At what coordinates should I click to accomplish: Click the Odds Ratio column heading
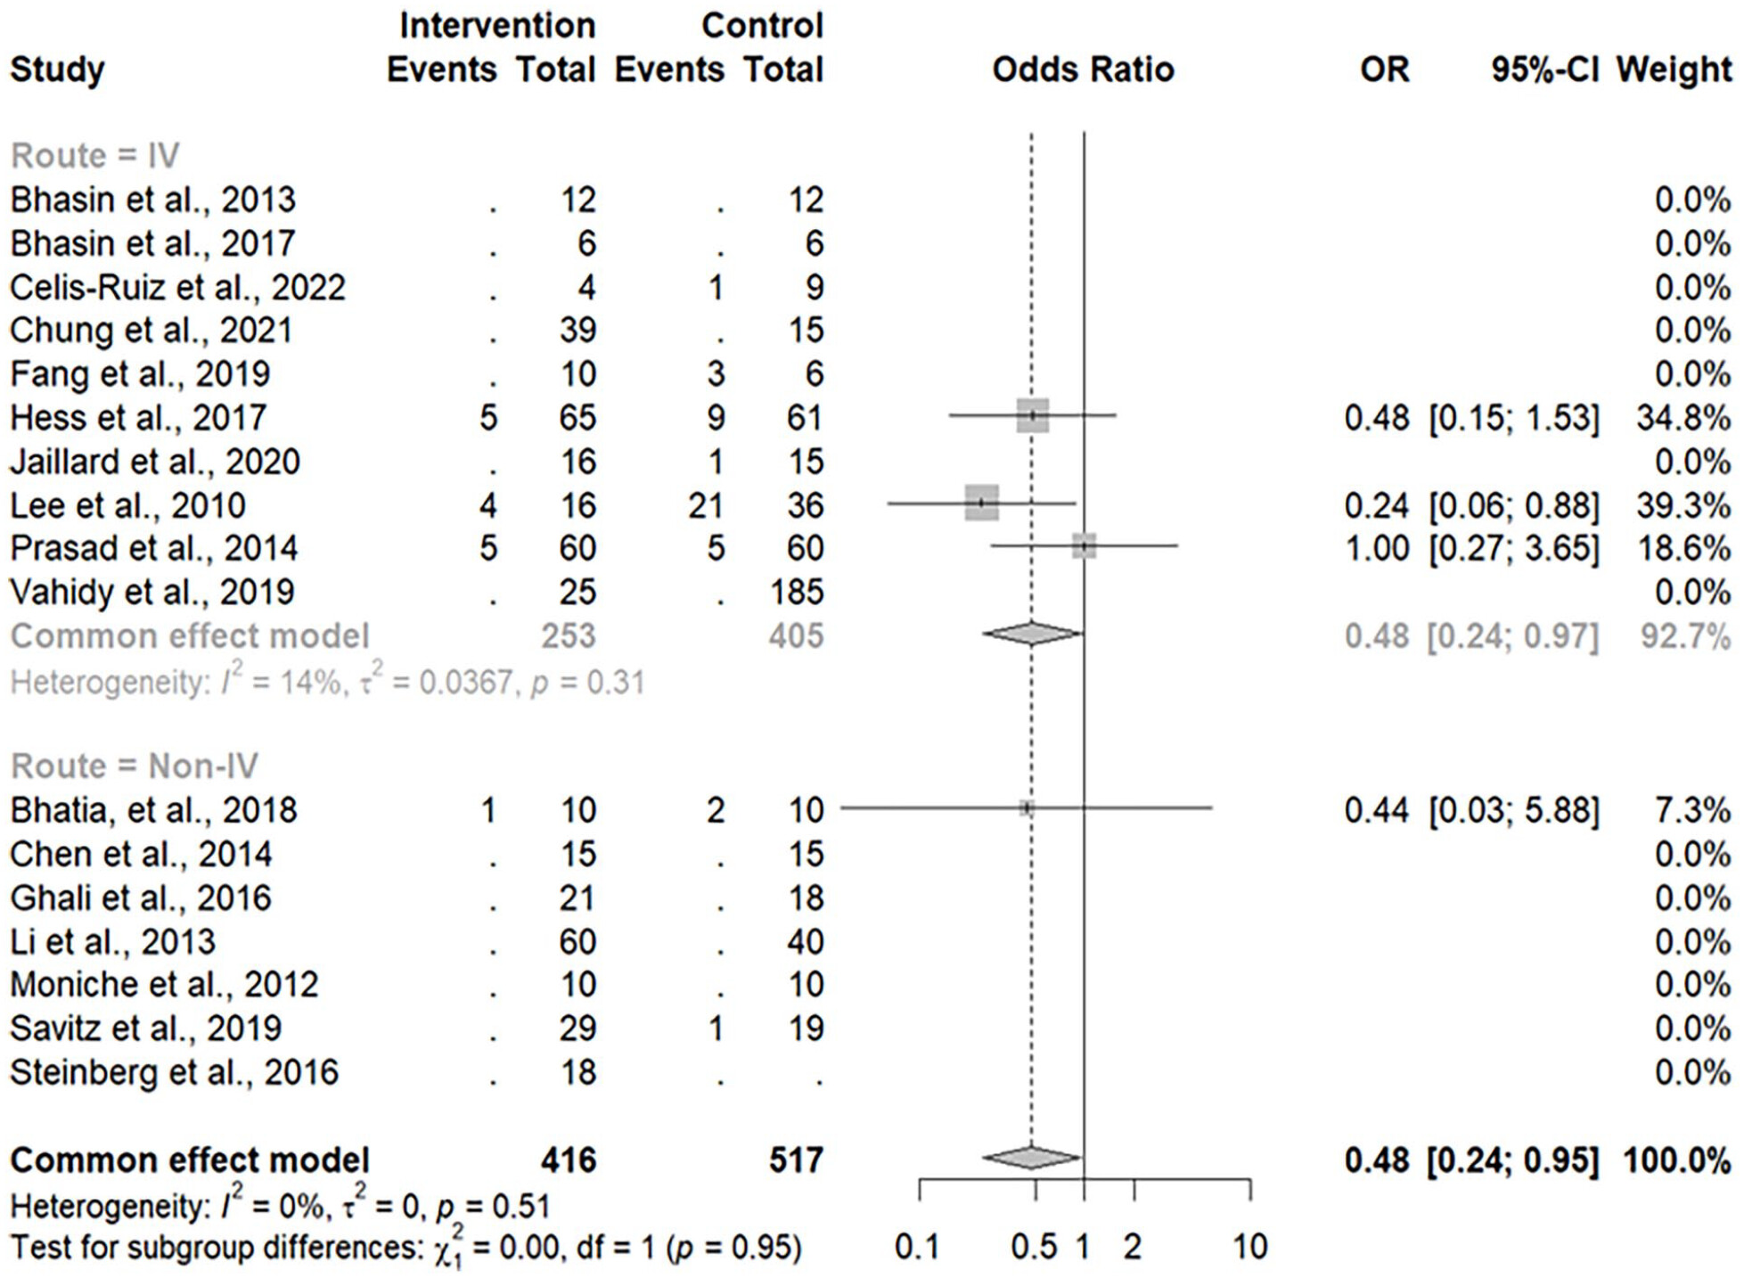pos(1082,70)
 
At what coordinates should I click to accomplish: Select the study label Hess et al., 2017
pos(138,417)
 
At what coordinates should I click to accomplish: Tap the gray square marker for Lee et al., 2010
pos(981,503)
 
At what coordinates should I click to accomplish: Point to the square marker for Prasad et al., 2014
pos(1084,546)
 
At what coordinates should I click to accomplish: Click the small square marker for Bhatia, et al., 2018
pos(1027,808)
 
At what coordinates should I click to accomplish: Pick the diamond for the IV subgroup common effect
pos(1032,634)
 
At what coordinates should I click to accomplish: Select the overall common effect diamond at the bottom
pos(1032,1158)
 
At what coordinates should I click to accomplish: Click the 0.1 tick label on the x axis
pos(917,1246)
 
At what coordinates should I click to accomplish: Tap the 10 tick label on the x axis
pos(1249,1246)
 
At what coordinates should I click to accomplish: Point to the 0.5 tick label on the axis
pos(1034,1246)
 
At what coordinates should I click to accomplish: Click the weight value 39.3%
pos(1683,505)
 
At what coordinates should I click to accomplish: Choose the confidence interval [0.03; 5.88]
pos(1513,810)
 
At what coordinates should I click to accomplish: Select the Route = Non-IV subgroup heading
pos(134,766)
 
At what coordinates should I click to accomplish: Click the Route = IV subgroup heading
pos(95,155)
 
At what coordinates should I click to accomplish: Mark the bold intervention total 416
pos(568,1159)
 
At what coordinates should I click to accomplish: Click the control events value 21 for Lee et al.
pos(704,505)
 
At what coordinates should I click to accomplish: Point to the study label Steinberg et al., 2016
pos(174,1071)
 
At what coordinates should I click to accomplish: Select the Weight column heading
pos(1674,70)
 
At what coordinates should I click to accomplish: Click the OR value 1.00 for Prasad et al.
pos(1377,548)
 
